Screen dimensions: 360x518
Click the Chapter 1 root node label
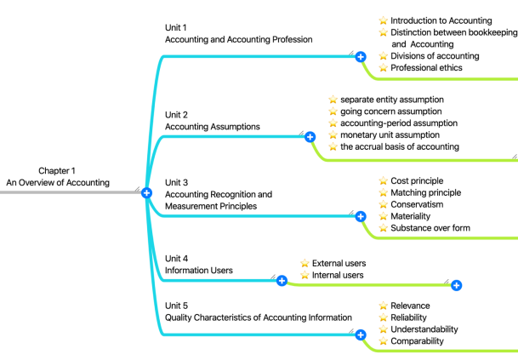click(58, 176)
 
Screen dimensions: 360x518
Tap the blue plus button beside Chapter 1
click(146, 193)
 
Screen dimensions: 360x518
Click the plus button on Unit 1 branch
click(361, 56)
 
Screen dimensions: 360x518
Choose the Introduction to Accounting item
click(441, 20)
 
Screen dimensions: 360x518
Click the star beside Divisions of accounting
click(383, 56)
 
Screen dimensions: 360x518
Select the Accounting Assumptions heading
click(212, 127)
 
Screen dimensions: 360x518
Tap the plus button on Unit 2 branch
click(310, 136)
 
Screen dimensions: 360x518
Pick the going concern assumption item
click(390, 111)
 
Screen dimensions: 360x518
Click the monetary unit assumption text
click(390, 135)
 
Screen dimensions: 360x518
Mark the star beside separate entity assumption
click(333, 100)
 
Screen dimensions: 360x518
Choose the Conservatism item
click(416, 204)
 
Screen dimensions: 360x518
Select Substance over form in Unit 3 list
click(430, 228)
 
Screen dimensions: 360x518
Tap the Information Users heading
click(198, 271)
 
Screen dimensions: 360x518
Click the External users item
click(339, 264)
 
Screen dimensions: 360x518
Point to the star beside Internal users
click(305, 276)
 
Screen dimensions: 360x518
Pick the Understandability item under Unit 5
click(424, 329)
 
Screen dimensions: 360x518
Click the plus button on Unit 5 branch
click(361, 335)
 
